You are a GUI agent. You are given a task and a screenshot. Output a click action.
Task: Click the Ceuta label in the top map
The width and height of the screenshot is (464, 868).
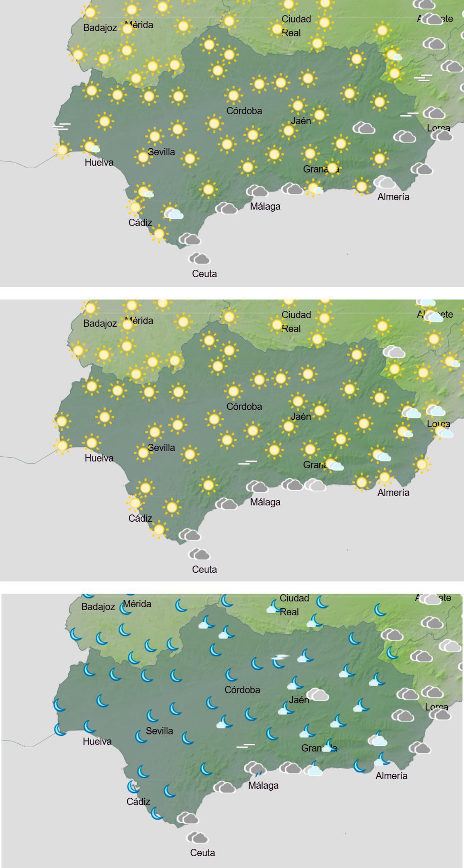click(x=204, y=274)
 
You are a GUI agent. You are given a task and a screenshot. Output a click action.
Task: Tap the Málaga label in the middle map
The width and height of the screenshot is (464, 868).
click(x=265, y=502)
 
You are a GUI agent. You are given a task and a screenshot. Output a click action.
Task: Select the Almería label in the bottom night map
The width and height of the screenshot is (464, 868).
click(x=391, y=776)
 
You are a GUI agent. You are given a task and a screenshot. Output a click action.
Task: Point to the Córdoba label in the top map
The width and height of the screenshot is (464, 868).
click(x=244, y=111)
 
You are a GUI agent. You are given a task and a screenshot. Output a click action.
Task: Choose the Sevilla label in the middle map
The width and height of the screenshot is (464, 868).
click(x=161, y=447)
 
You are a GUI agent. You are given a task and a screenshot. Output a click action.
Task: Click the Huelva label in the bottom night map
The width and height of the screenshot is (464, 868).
click(x=97, y=741)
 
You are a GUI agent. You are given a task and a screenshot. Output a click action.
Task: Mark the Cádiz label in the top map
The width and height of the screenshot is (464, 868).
click(x=140, y=223)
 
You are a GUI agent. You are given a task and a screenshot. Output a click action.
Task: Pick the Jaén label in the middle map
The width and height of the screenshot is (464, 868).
click(x=301, y=416)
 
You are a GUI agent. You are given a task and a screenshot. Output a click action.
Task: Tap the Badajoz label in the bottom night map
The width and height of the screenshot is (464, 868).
click(x=98, y=606)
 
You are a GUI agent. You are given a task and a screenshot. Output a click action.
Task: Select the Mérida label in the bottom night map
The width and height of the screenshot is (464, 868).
click(x=137, y=604)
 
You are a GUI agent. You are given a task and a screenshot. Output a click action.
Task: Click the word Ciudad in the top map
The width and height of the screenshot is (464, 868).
click(x=296, y=19)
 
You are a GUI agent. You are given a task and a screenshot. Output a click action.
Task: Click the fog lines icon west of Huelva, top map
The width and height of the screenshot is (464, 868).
click(x=62, y=126)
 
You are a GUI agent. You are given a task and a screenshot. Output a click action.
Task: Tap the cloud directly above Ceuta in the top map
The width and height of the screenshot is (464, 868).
click(x=199, y=258)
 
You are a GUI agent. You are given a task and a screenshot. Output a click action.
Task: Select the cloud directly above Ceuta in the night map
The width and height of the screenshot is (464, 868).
click(x=197, y=837)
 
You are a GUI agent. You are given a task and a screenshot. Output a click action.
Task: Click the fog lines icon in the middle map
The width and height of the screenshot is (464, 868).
click(x=247, y=462)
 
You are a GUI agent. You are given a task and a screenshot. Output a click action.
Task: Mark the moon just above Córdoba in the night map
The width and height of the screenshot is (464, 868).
click(x=231, y=675)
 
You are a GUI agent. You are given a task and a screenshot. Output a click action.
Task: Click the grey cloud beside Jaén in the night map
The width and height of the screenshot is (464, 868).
click(x=318, y=695)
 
